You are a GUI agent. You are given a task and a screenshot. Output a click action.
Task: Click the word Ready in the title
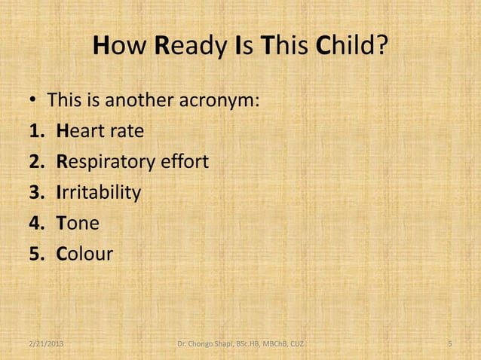187,49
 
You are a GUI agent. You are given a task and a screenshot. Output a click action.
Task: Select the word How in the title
121,49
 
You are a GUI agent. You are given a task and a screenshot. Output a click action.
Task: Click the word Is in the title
243,49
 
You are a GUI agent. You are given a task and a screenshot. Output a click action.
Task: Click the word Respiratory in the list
106,162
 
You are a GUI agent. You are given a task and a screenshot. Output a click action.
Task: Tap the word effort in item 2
183,162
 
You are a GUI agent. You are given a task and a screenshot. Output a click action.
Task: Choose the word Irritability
98,193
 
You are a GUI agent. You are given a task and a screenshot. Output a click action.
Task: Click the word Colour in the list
84,255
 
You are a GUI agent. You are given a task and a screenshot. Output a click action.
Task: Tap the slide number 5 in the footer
449,344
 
